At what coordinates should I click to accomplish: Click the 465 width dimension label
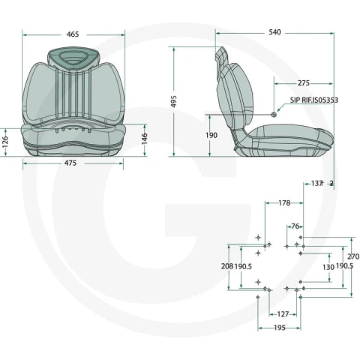tap(73, 34)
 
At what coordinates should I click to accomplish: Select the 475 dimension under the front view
tap(70, 163)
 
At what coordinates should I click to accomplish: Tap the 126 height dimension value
tap(4, 142)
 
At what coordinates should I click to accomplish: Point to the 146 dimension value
tap(144, 139)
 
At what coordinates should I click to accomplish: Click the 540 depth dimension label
tap(274, 32)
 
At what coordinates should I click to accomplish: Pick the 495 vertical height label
tap(174, 101)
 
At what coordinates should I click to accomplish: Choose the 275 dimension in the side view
tap(304, 82)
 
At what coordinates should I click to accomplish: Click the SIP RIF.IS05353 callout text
tap(314, 100)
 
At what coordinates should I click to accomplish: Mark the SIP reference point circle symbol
tap(274, 115)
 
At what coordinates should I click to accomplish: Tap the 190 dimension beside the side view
tap(211, 135)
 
